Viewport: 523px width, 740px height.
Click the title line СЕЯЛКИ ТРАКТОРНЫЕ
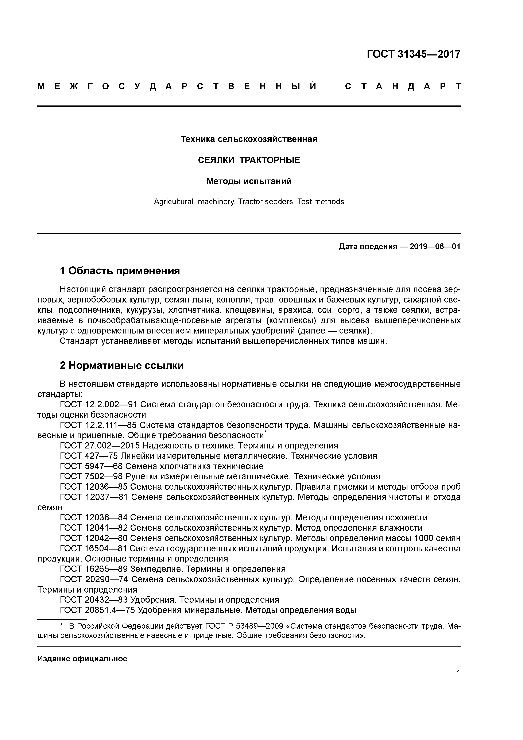[249, 160]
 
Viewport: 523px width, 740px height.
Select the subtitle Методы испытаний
[249, 181]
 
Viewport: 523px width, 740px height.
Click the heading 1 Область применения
[120, 271]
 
